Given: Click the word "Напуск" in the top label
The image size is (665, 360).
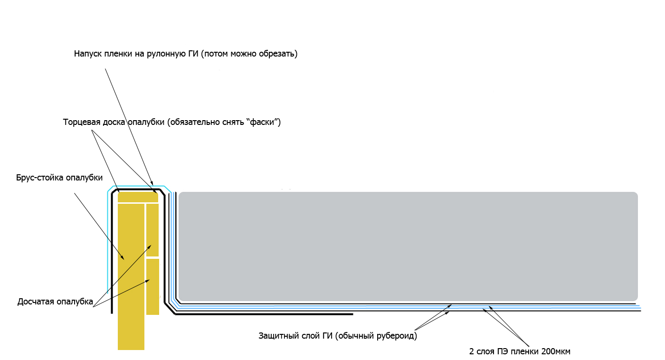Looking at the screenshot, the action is pos(88,54).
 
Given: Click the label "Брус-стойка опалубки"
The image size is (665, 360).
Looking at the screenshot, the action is pos(59,178).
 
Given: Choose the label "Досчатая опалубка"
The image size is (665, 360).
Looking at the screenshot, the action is pos(55,302).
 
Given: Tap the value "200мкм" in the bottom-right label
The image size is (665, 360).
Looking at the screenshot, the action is pos(556,351).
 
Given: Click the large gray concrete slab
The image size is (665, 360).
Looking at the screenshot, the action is pos(408,246).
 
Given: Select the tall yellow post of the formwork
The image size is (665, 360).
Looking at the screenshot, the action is pos(131,276).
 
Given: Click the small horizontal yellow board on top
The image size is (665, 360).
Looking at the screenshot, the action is pos(138,197).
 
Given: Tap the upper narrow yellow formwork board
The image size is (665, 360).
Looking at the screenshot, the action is pos(152,230).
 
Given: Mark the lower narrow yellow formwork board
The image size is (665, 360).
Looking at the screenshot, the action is pos(152,287).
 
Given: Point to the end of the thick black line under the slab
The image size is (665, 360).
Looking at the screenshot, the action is pos(352,314).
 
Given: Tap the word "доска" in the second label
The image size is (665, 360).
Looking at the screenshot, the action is pos(114,122).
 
